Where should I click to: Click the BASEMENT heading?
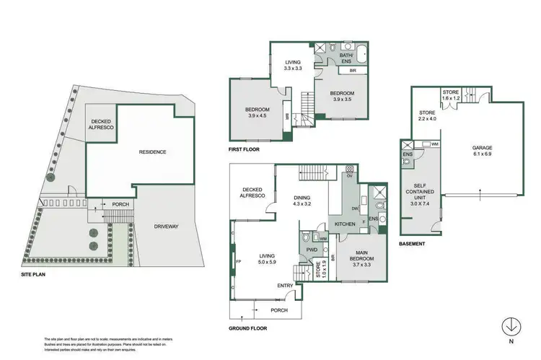[x=412, y=243]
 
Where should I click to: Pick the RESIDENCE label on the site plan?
[x=152, y=152]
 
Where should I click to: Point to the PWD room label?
[x=312, y=250]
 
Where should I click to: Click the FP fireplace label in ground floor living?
[x=237, y=262]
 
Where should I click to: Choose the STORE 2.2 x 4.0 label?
[x=427, y=116]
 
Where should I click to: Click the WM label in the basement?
[x=435, y=145]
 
